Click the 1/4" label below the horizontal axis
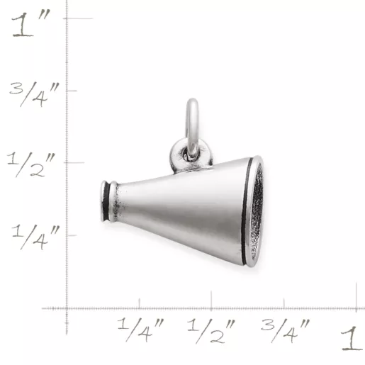(x=140, y=330)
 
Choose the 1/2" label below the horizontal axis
(x=212, y=330)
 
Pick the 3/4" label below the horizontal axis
(x=285, y=330)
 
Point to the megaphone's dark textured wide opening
(x=255, y=213)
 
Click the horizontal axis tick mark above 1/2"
(x=212, y=303)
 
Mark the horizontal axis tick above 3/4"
(x=284, y=303)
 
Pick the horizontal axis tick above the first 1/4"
(x=140, y=303)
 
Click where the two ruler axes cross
(x=67, y=308)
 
